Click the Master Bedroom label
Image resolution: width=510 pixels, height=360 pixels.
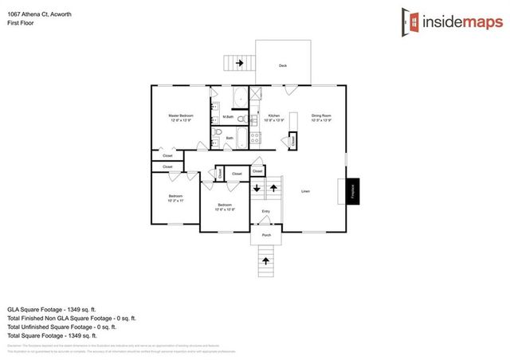180,115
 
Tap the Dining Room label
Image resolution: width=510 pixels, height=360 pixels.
321,115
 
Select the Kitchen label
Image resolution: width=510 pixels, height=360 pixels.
273,115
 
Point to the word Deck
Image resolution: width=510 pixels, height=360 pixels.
282,65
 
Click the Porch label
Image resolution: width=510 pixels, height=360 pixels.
266,236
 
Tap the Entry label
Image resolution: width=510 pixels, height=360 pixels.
266,211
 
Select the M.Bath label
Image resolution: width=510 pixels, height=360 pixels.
228,117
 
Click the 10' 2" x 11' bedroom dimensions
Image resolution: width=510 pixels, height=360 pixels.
175,201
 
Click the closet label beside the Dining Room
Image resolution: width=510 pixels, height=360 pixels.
292,140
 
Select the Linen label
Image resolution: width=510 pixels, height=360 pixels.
305,192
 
